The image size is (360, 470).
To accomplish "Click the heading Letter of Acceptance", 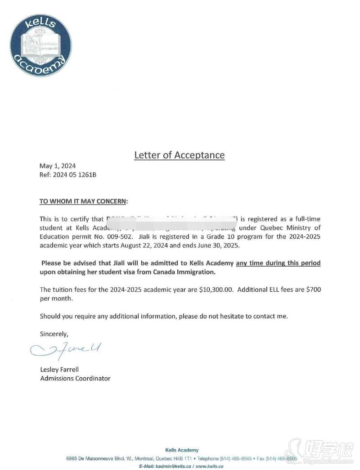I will click(x=179, y=155).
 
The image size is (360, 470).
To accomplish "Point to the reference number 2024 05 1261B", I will click(x=68, y=175).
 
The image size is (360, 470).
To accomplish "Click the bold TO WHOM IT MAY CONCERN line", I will click(x=84, y=201).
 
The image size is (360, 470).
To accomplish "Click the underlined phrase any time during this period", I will click(x=278, y=263).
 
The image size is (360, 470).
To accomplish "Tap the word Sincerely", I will click(x=54, y=334).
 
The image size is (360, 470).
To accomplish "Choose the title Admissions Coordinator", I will click(x=75, y=378).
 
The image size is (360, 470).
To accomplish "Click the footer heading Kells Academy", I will click(x=182, y=450).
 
